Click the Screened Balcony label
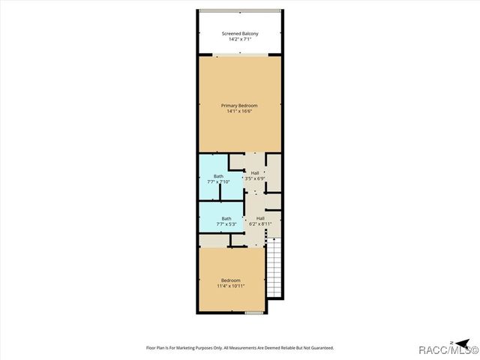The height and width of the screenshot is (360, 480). coord(239,33)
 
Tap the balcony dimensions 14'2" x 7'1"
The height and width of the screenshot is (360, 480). coord(239,39)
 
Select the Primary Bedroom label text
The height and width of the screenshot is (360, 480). coord(239,106)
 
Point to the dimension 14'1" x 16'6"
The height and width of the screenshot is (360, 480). coord(239,112)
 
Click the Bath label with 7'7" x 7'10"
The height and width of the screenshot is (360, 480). coord(218,176)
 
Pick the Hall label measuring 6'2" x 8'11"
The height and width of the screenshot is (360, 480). coord(259,218)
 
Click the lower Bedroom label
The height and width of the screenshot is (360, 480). coord(230,280)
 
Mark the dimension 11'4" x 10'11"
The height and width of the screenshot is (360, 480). coord(230,286)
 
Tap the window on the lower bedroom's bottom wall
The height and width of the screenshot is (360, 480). coord(254,312)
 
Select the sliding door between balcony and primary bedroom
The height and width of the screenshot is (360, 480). coord(240,55)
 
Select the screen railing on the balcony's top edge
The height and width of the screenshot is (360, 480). coord(240,10)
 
